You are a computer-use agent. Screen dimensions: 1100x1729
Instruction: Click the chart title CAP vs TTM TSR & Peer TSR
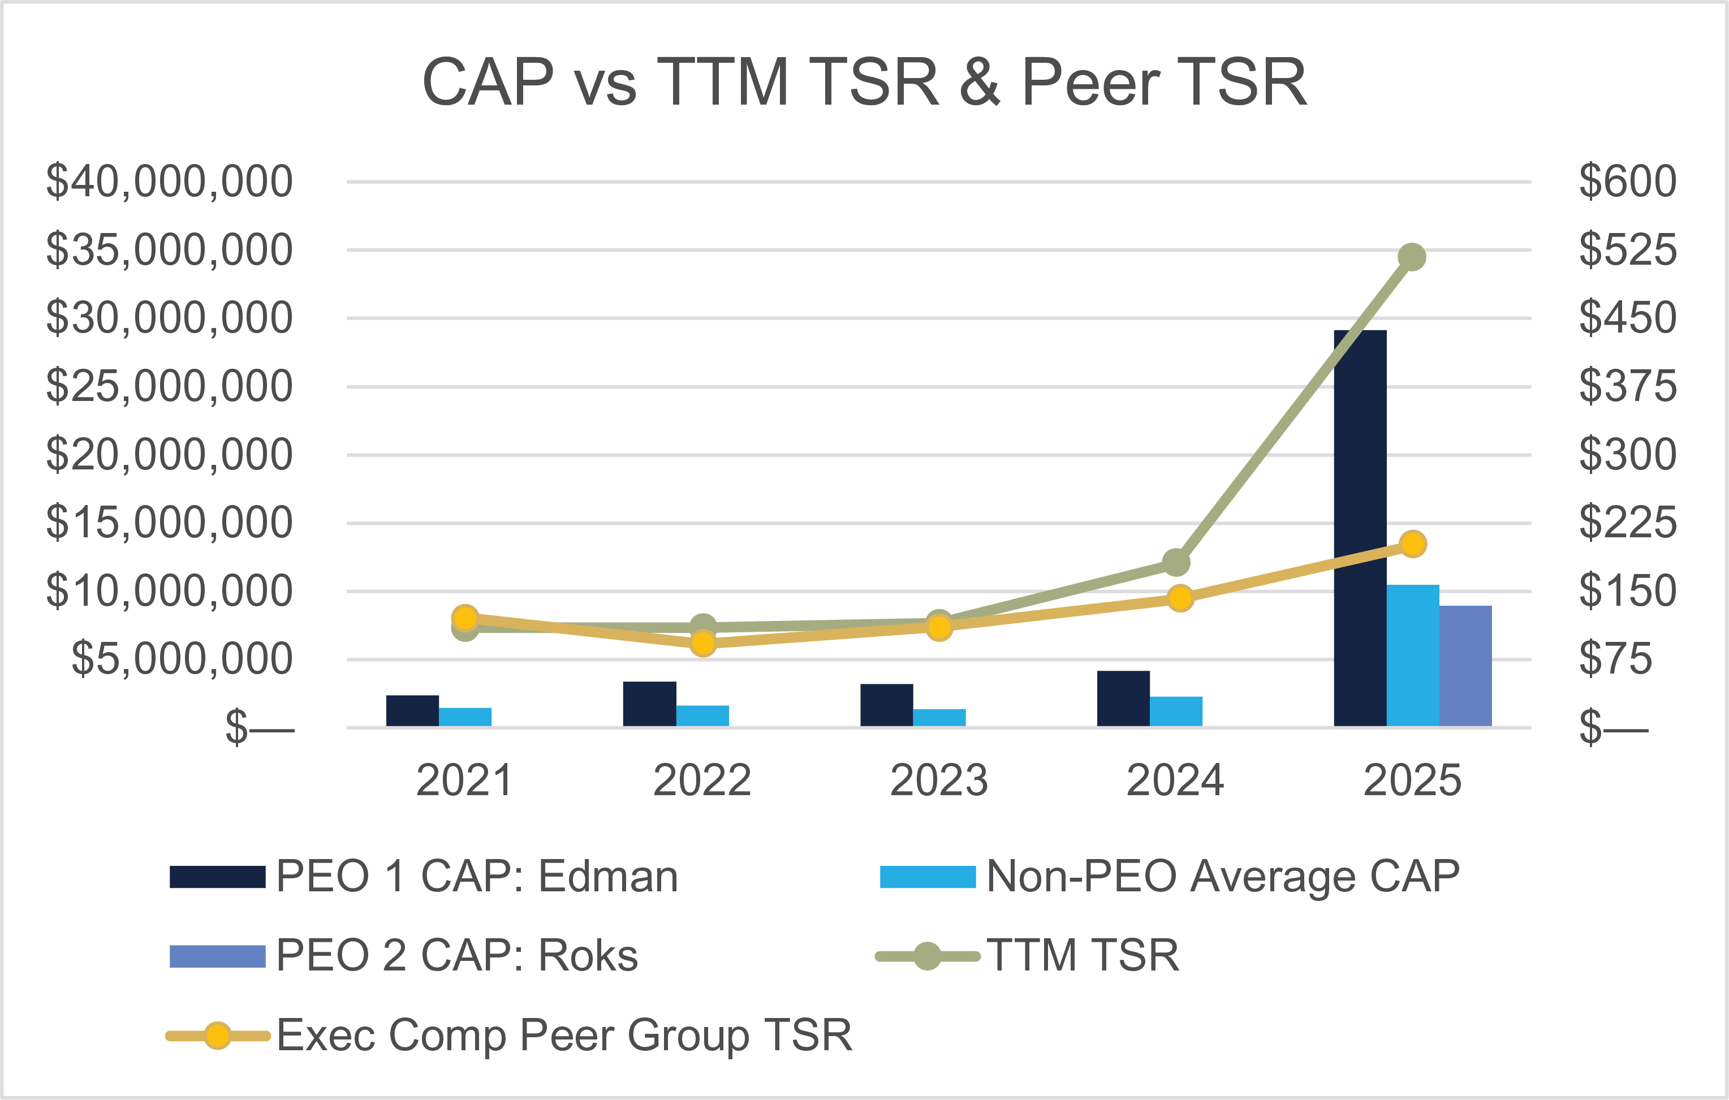(x=864, y=83)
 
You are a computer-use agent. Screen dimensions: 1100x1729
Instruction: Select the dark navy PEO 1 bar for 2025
(x=1360, y=528)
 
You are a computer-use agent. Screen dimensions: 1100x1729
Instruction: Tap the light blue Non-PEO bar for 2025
(x=1412, y=655)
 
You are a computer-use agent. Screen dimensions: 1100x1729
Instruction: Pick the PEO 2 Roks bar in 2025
(x=1465, y=666)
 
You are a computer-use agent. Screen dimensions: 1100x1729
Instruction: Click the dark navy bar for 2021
(x=412, y=711)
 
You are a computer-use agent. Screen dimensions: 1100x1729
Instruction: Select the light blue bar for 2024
(x=1176, y=711)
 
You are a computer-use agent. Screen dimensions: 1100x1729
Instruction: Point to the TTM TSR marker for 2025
(x=1412, y=257)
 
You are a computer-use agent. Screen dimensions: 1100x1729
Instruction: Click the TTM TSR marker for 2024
(x=1175, y=562)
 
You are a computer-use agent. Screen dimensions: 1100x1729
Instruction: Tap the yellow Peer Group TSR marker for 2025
(x=1413, y=544)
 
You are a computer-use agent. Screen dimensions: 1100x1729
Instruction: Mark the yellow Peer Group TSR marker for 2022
(x=703, y=642)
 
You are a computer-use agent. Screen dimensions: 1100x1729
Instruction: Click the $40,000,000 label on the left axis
(x=170, y=182)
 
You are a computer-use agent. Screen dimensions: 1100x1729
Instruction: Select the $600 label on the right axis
(x=1627, y=182)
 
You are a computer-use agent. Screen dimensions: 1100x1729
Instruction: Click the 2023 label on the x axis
(x=938, y=780)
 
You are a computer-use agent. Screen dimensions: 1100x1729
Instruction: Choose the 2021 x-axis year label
(x=464, y=780)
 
